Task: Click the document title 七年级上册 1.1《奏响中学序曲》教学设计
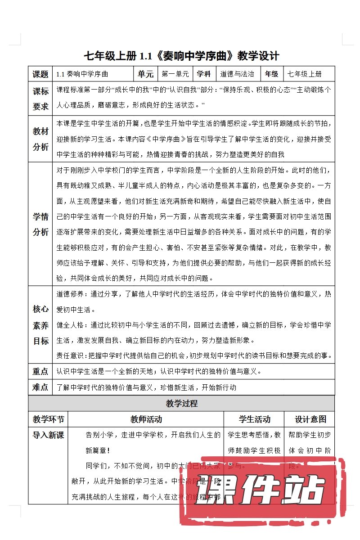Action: click(182, 56)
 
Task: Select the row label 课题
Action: click(40, 74)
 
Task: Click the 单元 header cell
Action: click(145, 74)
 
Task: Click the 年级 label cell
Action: click(271, 74)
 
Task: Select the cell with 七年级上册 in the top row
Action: click(305, 74)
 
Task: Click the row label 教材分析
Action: click(40, 139)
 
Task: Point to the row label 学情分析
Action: click(40, 224)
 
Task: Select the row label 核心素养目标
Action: click(40, 325)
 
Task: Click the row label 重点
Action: click(40, 371)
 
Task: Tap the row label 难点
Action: click(40, 387)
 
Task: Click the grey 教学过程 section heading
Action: click(181, 404)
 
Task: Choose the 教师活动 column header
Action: click(146, 419)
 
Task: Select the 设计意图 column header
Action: click(310, 419)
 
